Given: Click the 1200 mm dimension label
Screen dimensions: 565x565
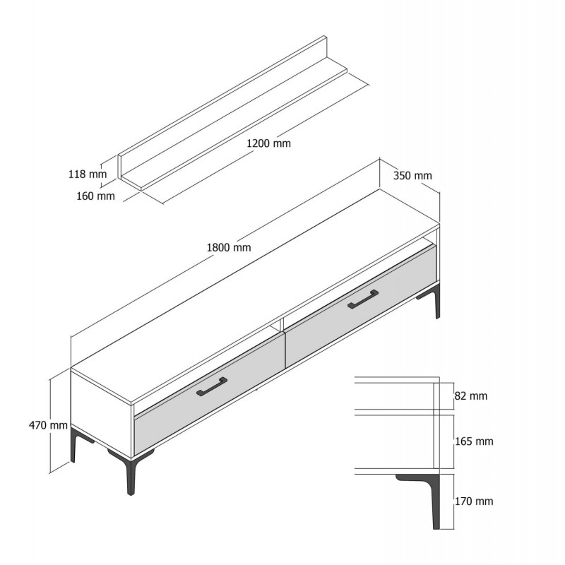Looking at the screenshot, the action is point(268,143).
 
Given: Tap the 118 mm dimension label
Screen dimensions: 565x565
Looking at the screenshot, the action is point(88,174).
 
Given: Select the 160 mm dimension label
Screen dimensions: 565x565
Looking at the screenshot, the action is point(95,196).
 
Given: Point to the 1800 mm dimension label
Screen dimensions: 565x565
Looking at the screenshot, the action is point(229,248).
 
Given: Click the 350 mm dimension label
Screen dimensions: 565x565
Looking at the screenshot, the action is point(412,175).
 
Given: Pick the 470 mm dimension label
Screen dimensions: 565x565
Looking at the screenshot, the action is point(48,425).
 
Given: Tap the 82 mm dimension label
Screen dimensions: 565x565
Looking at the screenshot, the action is point(471,396).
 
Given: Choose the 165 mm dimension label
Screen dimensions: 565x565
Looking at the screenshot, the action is point(474,441).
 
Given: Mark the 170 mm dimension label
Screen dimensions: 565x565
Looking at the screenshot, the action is point(474,501).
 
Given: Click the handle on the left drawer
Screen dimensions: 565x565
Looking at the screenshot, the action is point(212,386).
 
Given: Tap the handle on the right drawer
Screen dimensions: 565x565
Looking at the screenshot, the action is point(363,299).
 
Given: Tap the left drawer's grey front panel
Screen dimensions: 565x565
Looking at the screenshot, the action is point(209,395).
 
